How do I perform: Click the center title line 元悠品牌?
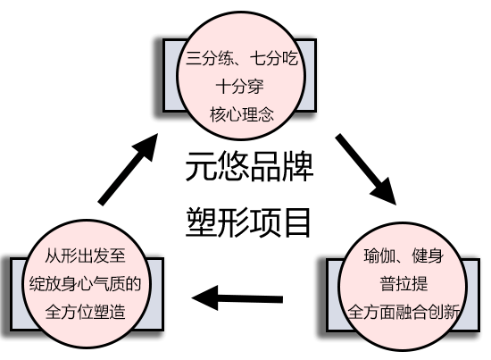[x=249, y=167]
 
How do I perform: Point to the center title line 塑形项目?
[x=249, y=220]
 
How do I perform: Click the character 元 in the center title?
[x=201, y=167]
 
